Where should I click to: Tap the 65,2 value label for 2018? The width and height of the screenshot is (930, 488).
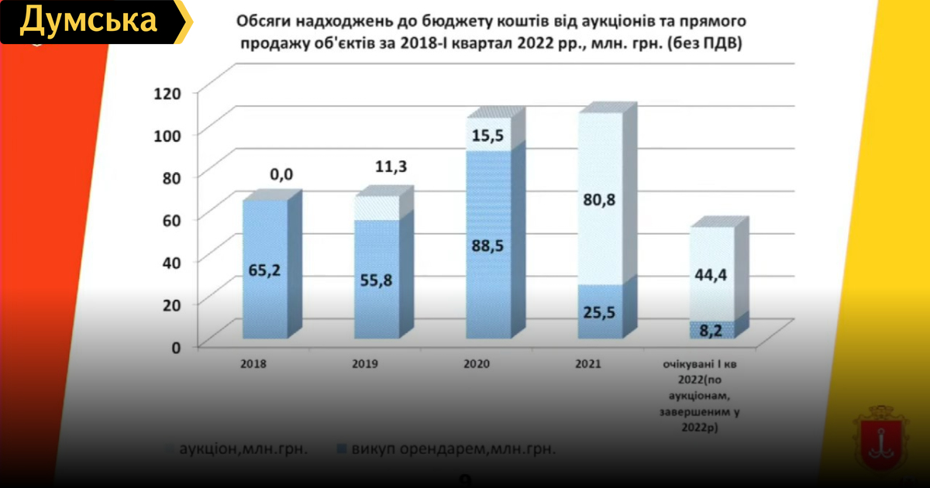265,272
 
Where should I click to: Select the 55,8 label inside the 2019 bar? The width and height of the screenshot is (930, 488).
377,280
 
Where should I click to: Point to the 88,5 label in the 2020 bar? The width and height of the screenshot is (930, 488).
488,247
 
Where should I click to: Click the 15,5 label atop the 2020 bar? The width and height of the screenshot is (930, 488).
488,136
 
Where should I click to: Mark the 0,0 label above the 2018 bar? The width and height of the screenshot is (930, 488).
281,174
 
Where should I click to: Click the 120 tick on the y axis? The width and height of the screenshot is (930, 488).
167,94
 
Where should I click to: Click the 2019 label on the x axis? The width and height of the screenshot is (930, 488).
363,363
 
